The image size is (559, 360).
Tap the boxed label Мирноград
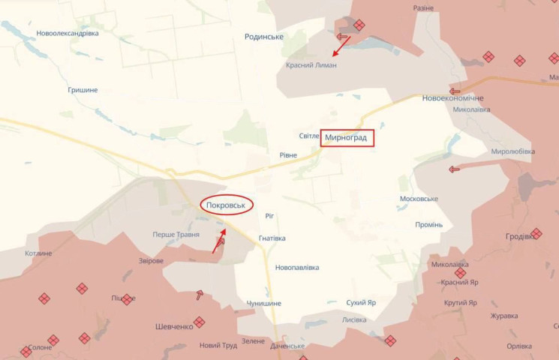pyautogui.click(x=347, y=138)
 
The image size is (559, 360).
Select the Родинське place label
pyautogui.click(x=263, y=37)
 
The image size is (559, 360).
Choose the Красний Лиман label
pyautogui.click(x=311, y=65)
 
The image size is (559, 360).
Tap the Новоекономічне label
pyautogui.click(x=452, y=99)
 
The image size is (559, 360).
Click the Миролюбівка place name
pyautogui.click(x=513, y=151)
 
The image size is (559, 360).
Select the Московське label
pyautogui.click(x=419, y=199)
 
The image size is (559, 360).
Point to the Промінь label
pyautogui.click(x=429, y=225)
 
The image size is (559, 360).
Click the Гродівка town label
pyautogui.click(x=520, y=236)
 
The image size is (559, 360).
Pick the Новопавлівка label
pyautogui.click(x=297, y=268)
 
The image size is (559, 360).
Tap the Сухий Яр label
pyautogui.click(x=361, y=303)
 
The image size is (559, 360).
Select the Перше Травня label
pyautogui.click(x=176, y=235)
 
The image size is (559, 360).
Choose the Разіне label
pyautogui.click(x=423, y=8)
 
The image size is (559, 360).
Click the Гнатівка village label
pyautogui.click(x=272, y=238)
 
